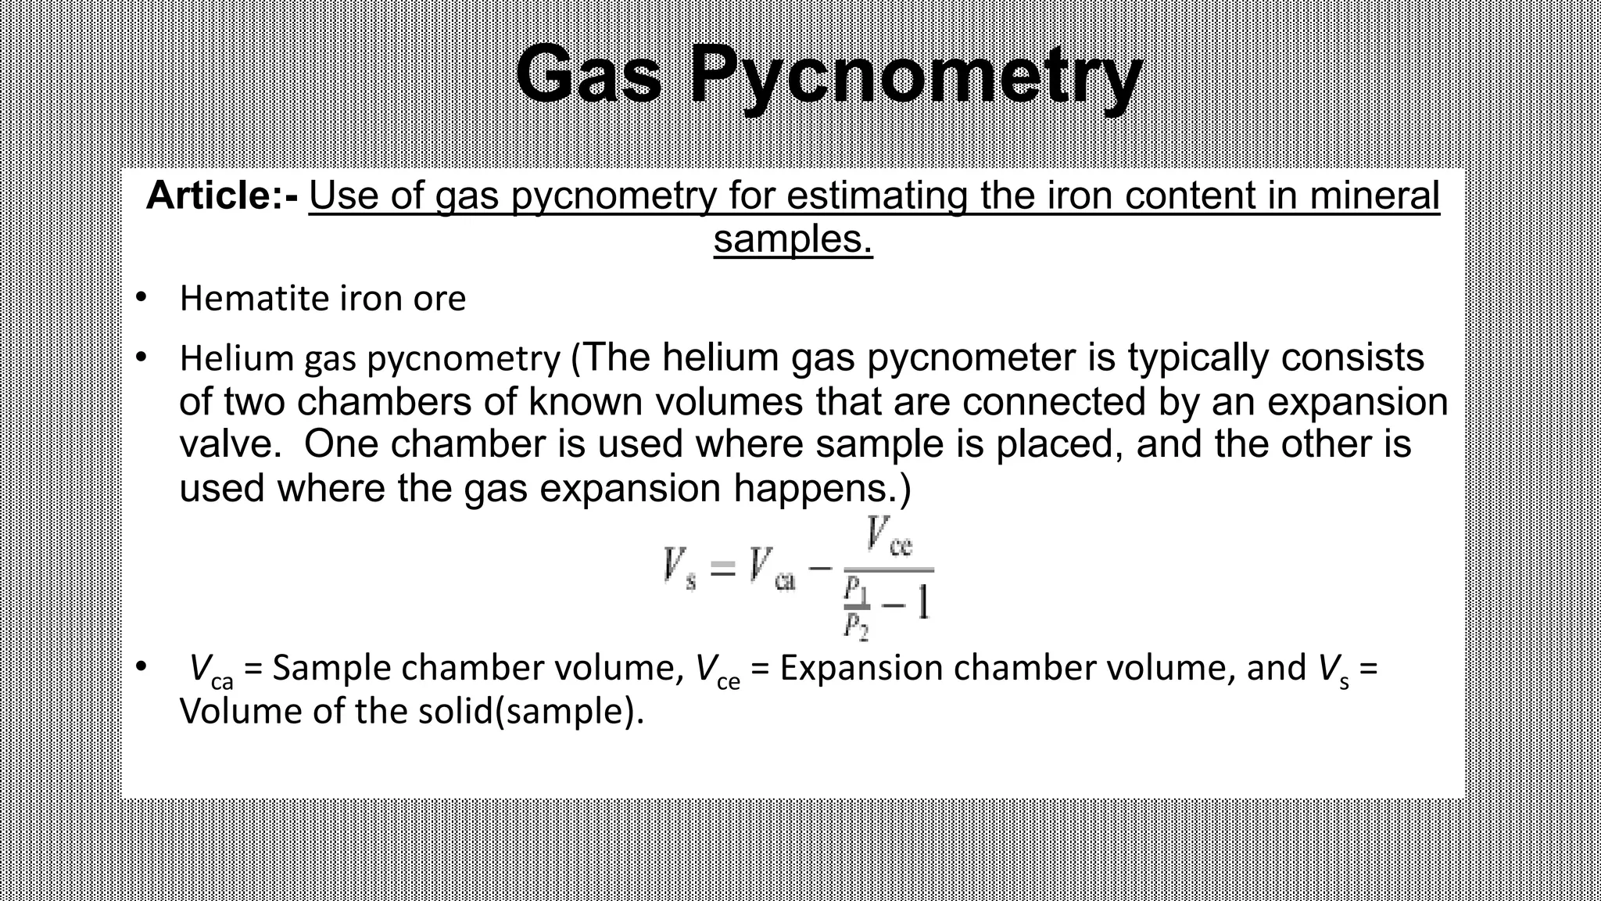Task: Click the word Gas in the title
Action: click(x=589, y=76)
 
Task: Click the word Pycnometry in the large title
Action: click(x=915, y=78)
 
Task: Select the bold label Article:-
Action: click(x=222, y=196)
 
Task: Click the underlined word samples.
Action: click(x=793, y=239)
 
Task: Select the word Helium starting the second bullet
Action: click(x=236, y=358)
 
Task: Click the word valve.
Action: click(x=230, y=444)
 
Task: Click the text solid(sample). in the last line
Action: click(x=532, y=712)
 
